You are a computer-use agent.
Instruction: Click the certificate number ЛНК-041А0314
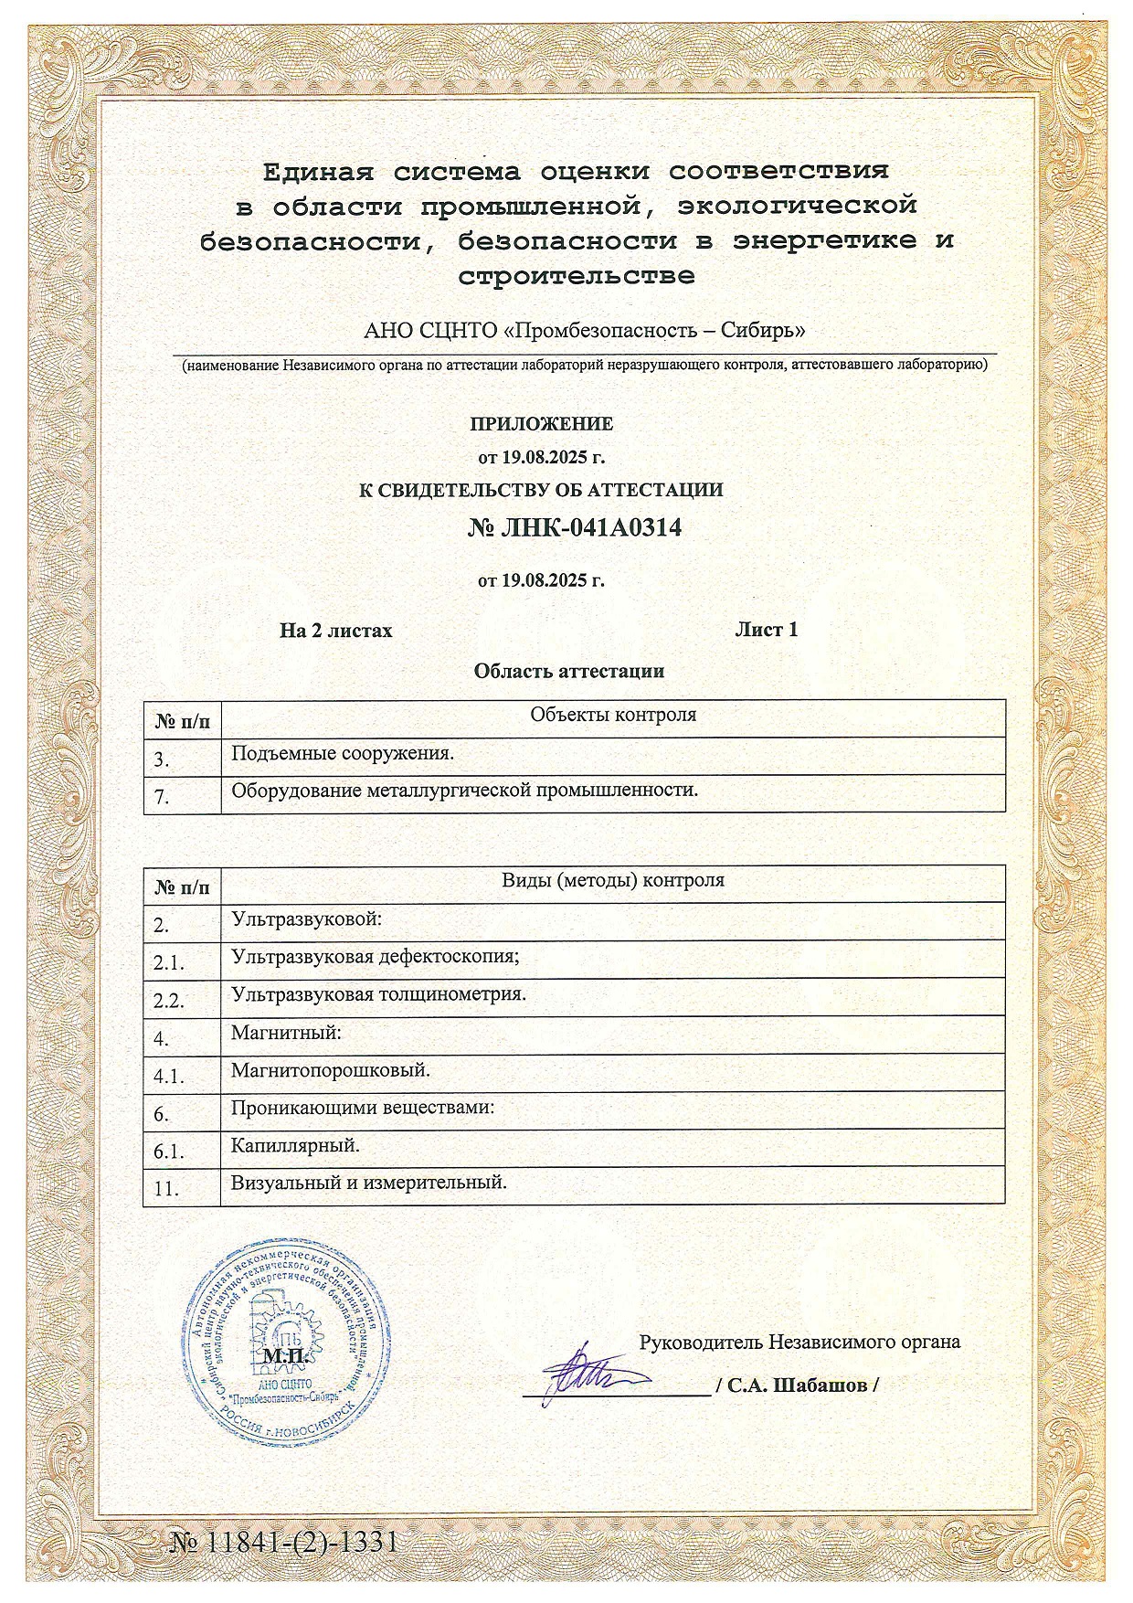coord(575,529)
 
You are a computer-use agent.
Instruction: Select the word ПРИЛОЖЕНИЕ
coord(541,424)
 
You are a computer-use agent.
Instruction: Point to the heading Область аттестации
coord(568,672)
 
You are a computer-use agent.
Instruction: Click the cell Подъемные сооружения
coord(343,754)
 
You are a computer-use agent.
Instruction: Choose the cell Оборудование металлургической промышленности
coord(464,791)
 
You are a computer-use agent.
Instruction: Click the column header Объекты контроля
coord(613,715)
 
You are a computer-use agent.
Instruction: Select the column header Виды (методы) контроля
coord(613,881)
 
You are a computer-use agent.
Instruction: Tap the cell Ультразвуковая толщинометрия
coord(378,994)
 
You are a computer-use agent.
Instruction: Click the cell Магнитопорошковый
coord(331,1069)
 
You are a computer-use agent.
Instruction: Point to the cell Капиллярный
coord(295,1145)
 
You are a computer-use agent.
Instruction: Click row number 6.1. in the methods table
coord(169,1152)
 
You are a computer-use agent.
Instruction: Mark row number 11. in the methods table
coord(165,1189)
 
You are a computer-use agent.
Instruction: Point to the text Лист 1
coord(767,630)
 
